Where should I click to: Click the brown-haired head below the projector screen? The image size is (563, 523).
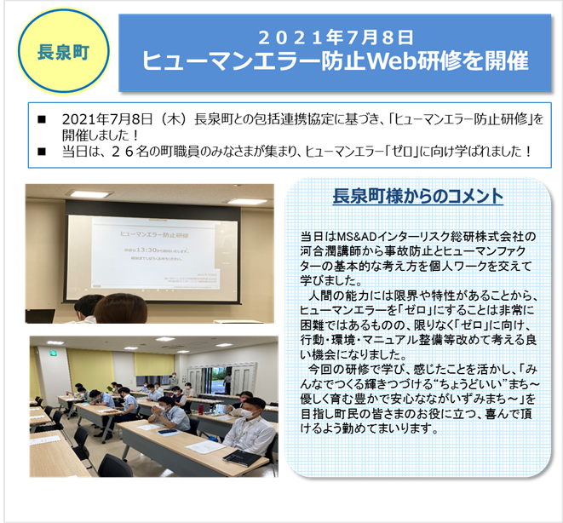point(117,308)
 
